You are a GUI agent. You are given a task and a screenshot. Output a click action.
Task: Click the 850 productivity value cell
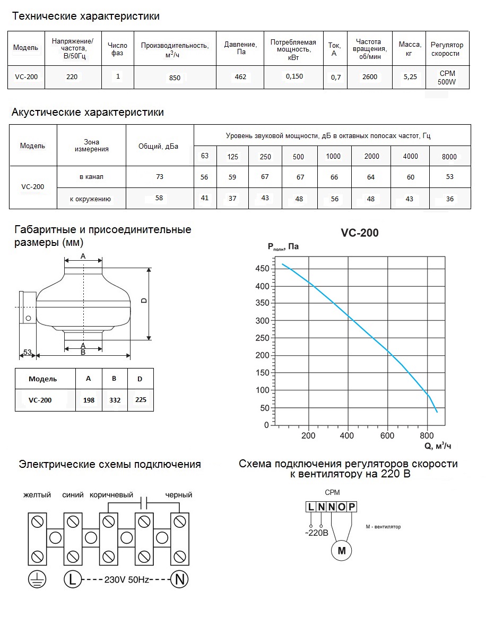click(175, 78)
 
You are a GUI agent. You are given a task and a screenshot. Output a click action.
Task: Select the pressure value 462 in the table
click(240, 77)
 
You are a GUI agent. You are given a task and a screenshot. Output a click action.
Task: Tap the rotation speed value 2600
click(369, 77)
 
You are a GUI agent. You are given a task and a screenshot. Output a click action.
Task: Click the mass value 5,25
click(410, 77)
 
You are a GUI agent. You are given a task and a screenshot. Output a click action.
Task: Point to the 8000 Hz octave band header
click(449, 157)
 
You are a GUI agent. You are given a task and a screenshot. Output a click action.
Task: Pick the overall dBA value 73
click(160, 177)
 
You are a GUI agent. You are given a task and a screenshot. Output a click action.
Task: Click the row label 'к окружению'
click(90, 199)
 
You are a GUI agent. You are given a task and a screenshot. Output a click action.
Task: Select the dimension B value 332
click(114, 400)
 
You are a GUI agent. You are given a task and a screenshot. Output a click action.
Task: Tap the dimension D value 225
click(141, 399)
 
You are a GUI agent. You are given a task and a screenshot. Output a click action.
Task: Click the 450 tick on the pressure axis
click(263, 269)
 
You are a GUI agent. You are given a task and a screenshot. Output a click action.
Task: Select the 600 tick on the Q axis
click(387, 436)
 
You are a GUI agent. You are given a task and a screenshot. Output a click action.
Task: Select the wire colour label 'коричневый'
click(111, 495)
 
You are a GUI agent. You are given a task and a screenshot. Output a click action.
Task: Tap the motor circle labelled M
click(342, 551)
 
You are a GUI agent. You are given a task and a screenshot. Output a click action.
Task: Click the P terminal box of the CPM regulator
click(352, 507)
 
